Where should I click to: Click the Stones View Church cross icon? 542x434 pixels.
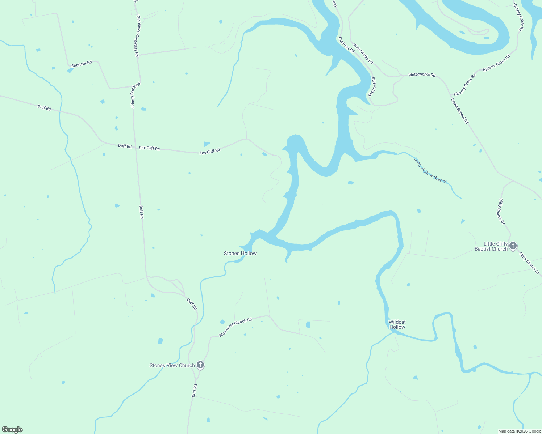click(x=200, y=365)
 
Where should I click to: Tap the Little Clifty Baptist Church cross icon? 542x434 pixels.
click(x=513, y=246)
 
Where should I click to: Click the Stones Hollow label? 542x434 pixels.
click(x=240, y=253)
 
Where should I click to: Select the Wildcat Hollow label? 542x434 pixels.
click(x=397, y=324)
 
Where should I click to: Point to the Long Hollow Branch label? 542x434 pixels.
click(x=431, y=171)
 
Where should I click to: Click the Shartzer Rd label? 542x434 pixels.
click(x=82, y=64)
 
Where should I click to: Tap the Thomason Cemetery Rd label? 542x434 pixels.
click(x=137, y=35)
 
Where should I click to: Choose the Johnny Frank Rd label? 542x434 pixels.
click(x=135, y=95)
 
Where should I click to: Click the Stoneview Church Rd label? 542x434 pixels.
click(x=235, y=327)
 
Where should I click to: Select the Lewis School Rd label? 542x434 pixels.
click(x=460, y=111)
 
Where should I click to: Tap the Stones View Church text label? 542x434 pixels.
click(x=172, y=365)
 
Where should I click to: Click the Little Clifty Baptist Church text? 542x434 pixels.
click(x=491, y=246)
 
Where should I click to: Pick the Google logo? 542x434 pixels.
click(x=12, y=430)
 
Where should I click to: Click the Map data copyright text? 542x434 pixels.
click(x=519, y=431)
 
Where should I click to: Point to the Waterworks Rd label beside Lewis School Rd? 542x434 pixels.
click(x=422, y=75)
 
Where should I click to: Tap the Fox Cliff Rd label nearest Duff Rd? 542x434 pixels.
click(x=150, y=148)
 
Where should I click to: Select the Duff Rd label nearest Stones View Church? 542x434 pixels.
click(x=195, y=391)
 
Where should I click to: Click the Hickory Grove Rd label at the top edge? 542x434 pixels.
click(x=518, y=17)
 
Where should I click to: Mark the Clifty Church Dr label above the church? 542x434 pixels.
click(x=501, y=212)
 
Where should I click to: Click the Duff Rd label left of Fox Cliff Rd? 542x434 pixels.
click(x=125, y=146)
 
